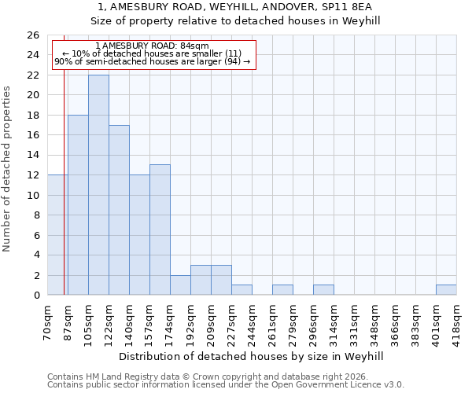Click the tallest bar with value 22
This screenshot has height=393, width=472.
(98, 185)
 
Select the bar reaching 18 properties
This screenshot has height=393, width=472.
(78, 204)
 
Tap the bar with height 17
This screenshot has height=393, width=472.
(119, 210)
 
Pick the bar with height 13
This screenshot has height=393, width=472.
(160, 230)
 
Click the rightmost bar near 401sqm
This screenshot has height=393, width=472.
(446, 290)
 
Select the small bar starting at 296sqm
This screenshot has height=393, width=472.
(323, 290)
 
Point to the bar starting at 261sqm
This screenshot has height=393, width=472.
(282, 290)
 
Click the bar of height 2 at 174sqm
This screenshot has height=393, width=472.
(180, 285)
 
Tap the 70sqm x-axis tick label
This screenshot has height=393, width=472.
(48, 322)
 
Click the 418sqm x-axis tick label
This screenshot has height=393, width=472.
(457, 322)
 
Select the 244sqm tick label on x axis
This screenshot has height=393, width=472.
(253, 322)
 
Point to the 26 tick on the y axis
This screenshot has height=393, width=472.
(33, 35)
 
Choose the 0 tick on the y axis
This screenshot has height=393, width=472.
(36, 296)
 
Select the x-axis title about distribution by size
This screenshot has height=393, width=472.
(252, 356)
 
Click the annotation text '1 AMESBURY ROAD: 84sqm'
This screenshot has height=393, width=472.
(152, 46)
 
